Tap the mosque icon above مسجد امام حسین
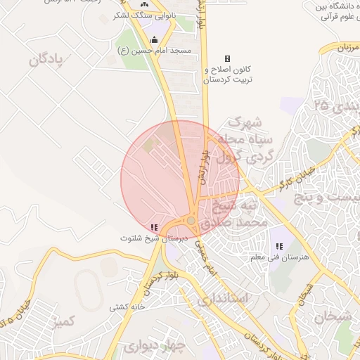point(154,39)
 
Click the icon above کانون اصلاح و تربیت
point(227,59)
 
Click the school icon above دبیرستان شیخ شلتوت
point(154,227)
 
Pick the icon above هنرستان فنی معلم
point(279,246)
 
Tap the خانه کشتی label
point(127,307)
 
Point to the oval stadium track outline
point(86,289)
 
